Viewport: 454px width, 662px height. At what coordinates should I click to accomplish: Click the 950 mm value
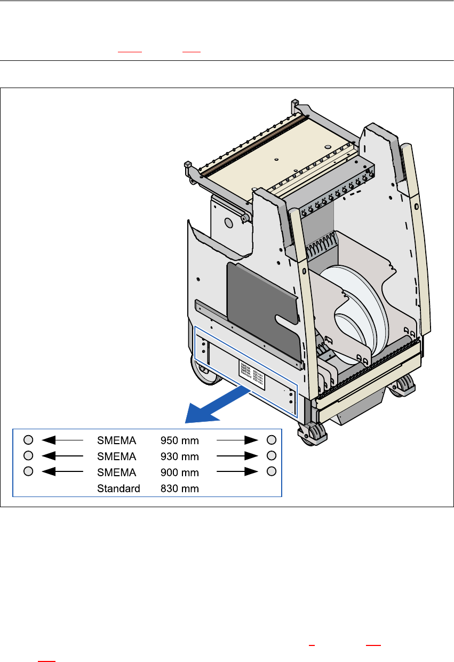180,441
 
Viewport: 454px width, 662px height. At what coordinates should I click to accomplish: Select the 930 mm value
180,457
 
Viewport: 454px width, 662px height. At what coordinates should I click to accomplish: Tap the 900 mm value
180,472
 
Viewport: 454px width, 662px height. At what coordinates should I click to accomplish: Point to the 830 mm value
180,488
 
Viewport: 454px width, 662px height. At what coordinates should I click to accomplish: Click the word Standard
118,488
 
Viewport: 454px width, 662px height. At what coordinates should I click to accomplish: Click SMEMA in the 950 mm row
116,441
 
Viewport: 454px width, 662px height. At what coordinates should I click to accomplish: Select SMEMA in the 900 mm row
116,472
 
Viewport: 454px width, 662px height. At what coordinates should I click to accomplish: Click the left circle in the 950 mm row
29,440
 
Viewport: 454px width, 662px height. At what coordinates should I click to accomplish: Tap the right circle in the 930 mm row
272,455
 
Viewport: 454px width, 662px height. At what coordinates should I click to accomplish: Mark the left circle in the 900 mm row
29,471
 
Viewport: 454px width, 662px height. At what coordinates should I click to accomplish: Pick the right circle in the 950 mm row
272,440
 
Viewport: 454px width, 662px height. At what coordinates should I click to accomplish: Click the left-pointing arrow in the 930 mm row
62,456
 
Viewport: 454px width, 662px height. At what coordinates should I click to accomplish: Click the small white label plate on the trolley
253,369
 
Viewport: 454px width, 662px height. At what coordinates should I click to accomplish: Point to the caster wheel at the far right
405,385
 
